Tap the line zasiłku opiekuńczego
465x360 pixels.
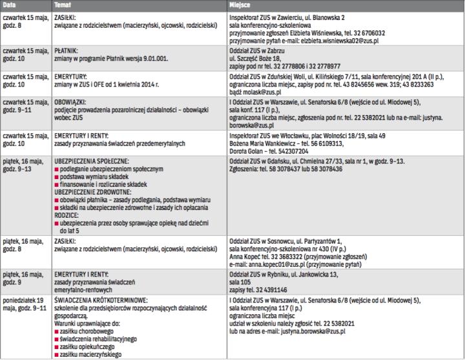[x=89, y=346]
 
